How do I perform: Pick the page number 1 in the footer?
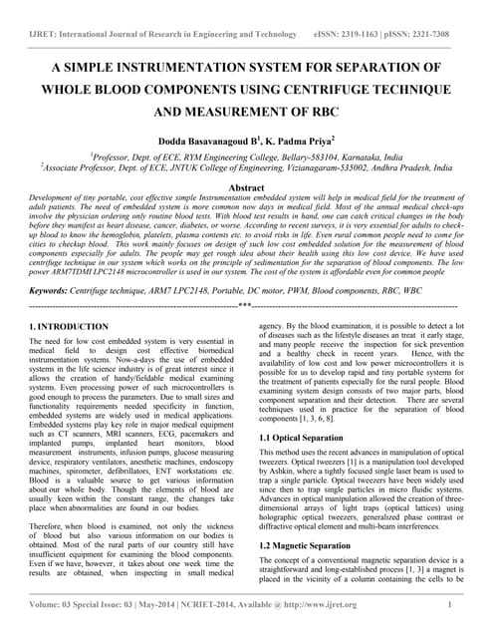[x=450, y=605]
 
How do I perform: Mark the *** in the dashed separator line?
[x=245, y=305]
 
